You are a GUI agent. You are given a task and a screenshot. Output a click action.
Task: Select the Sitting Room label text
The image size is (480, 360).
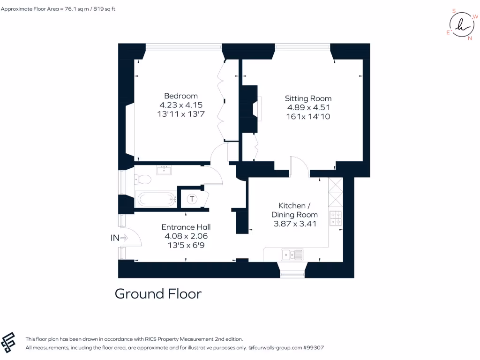pyautogui.click(x=308, y=98)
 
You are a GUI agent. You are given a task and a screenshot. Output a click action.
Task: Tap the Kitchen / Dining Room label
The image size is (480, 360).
pyautogui.click(x=294, y=210)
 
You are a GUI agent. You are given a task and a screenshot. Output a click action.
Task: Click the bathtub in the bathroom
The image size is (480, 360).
pyautogui.click(x=155, y=199)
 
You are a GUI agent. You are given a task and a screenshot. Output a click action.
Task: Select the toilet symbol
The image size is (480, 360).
pyautogui.click(x=142, y=179)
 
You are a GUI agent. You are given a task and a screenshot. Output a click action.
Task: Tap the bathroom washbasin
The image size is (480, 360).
pyautogui.click(x=165, y=169)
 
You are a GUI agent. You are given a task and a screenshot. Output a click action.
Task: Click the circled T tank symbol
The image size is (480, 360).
pyautogui.click(x=192, y=199)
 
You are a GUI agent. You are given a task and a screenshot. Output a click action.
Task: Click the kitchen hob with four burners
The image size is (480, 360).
pyautogui.click(x=336, y=218)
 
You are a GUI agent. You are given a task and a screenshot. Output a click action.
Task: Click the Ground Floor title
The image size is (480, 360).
pyautogui.click(x=158, y=294)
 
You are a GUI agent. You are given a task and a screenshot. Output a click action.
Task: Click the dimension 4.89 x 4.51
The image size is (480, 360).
pyautogui.click(x=308, y=107)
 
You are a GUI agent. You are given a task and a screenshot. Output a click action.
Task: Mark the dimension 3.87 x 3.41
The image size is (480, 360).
pyautogui.click(x=294, y=224)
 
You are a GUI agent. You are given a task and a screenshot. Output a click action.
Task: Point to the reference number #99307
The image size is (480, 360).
pyautogui.click(x=314, y=348)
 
